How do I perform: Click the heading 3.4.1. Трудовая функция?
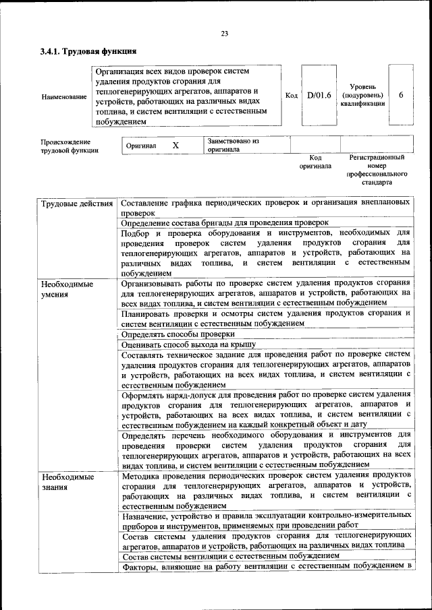(x=88, y=51)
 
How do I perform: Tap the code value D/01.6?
(x=319, y=96)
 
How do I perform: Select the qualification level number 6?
(x=401, y=96)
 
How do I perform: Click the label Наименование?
(x=64, y=96)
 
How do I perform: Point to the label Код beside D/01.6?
(x=291, y=96)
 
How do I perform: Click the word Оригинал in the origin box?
(x=141, y=146)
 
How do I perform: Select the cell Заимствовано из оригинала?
(x=234, y=146)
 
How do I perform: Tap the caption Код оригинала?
(x=315, y=162)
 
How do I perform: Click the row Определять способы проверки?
(x=178, y=334)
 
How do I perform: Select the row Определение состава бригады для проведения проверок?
(x=225, y=222)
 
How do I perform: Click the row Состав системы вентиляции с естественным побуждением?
(x=230, y=555)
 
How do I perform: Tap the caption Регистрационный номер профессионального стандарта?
(x=376, y=169)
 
